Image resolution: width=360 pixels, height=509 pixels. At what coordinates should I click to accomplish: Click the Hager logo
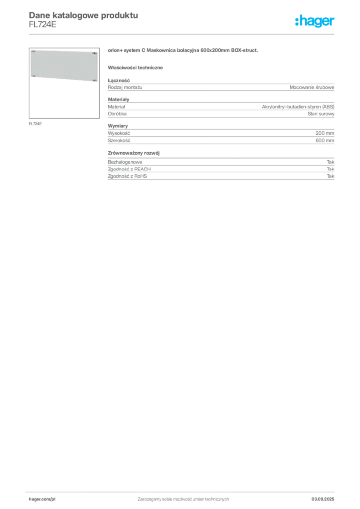coord(315,21)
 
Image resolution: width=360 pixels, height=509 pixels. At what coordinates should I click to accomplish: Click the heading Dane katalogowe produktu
coord(84,15)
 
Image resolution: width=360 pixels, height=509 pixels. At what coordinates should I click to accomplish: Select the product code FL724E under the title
coord(43,25)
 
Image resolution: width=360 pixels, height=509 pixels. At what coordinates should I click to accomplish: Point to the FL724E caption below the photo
coord(35,124)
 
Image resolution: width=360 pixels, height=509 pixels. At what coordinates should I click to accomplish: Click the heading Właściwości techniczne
coord(135,68)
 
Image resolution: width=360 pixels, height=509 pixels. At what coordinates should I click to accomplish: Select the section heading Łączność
coord(119,80)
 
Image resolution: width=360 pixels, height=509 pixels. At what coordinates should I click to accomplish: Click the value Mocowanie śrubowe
coord(312,87)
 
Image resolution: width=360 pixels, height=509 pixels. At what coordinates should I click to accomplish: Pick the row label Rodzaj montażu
coord(125,87)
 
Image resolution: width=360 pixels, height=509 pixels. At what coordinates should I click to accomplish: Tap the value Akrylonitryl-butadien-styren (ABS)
coord(298,107)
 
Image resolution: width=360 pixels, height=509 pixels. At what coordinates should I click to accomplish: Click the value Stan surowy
coord(321,114)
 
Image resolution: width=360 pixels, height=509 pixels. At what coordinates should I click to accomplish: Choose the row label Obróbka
coord(117,114)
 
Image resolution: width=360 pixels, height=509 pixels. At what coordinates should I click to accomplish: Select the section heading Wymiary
coord(118,126)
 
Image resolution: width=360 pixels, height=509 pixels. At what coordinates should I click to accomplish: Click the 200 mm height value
coord(325,133)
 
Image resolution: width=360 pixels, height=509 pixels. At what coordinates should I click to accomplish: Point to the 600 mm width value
coord(325,141)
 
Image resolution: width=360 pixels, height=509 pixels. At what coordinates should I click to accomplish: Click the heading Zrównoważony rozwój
coord(134,153)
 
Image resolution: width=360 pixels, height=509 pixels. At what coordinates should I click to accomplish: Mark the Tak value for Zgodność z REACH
coord(331,169)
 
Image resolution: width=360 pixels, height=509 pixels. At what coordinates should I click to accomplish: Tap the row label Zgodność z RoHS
coord(127,176)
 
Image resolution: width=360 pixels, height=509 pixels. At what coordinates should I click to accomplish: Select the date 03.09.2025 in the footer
coord(323,499)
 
